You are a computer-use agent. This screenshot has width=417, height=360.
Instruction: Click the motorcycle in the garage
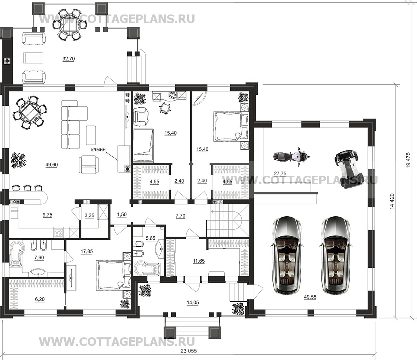[291, 157]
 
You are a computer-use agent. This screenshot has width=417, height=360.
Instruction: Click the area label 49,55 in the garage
[310, 297]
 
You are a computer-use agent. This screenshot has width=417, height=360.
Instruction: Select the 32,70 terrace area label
[68, 59]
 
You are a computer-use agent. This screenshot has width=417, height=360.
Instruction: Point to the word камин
[98, 149]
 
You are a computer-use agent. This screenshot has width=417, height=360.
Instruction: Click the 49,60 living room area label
[52, 165]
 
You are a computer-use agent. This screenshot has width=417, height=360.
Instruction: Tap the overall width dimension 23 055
[189, 351]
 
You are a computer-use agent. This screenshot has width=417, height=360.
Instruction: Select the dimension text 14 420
[392, 201]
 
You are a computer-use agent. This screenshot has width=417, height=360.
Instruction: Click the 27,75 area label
[280, 173]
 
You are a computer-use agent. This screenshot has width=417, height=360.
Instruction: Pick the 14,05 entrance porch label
[193, 302]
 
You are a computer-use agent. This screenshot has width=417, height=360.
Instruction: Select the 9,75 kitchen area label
[47, 215]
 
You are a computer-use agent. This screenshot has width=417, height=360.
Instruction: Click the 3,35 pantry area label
[89, 215]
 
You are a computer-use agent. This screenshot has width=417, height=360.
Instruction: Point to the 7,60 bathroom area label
[39, 257]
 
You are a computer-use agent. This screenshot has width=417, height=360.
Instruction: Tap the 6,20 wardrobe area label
[40, 299]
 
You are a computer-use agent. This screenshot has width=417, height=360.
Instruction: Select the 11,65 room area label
[199, 261]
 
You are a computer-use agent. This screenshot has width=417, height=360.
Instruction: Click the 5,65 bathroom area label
[150, 239]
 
